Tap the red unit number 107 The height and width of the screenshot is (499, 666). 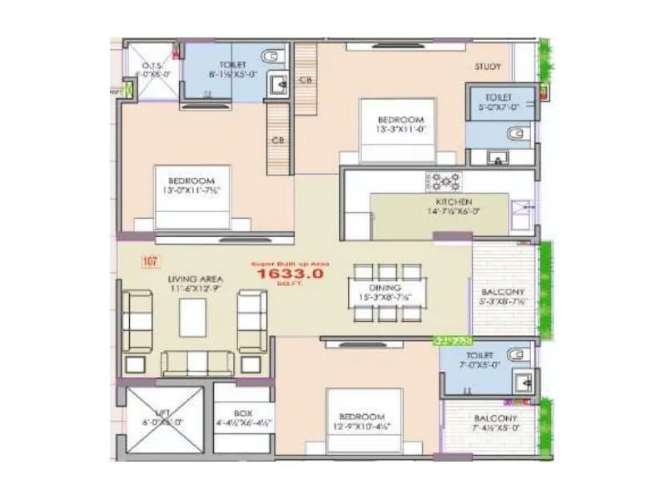[150, 262]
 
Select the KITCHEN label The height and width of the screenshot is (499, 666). [454, 202]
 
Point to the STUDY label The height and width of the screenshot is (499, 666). [487, 67]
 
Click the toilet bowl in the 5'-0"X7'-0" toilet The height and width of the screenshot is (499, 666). [518, 131]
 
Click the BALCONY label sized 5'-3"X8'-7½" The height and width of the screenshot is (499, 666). [503, 292]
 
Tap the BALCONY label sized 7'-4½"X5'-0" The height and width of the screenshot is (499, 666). [495, 418]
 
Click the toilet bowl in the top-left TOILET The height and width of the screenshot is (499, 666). [271, 57]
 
